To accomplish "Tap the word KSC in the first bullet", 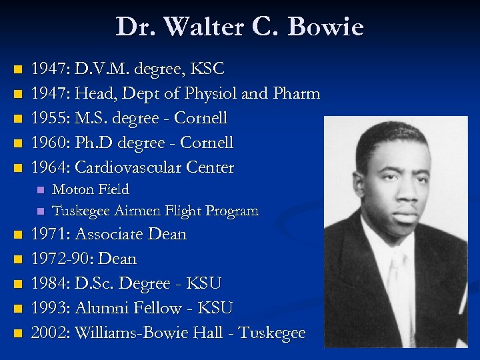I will (209, 69).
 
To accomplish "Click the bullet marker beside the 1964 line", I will (17, 167).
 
